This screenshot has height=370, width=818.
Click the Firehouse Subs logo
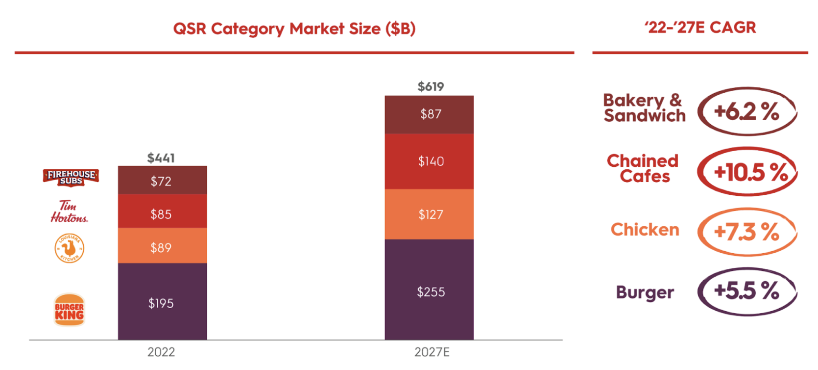pyautogui.click(x=71, y=177)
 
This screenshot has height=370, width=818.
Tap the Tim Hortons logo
pyautogui.click(x=69, y=212)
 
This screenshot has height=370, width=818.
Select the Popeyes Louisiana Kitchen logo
pyautogui.click(x=69, y=248)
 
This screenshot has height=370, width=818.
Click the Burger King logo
pyautogui.click(x=69, y=310)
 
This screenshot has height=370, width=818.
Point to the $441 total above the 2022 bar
pyautogui.click(x=161, y=158)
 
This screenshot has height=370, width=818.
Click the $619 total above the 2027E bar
pyautogui.click(x=431, y=87)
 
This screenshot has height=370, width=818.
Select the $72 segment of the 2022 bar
pyautogui.click(x=162, y=181)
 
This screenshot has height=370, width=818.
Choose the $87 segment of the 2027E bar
pyautogui.click(x=429, y=114)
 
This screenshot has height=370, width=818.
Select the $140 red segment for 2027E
pyautogui.click(x=429, y=161)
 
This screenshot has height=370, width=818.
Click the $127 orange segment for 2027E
pyautogui.click(x=429, y=214)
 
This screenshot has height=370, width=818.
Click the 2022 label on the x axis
pyautogui.click(x=161, y=352)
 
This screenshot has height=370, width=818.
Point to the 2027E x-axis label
pyautogui.click(x=432, y=352)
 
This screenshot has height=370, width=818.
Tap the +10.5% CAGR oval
pyautogui.click(x=747, y=172)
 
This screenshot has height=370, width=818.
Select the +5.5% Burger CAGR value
pyautogui.click(x=746, y=291)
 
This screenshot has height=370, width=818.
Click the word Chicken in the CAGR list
pyautogui.click(x=645, y=230)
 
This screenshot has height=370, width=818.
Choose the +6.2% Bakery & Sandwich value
pyautogui.click(x=746, y=112)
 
